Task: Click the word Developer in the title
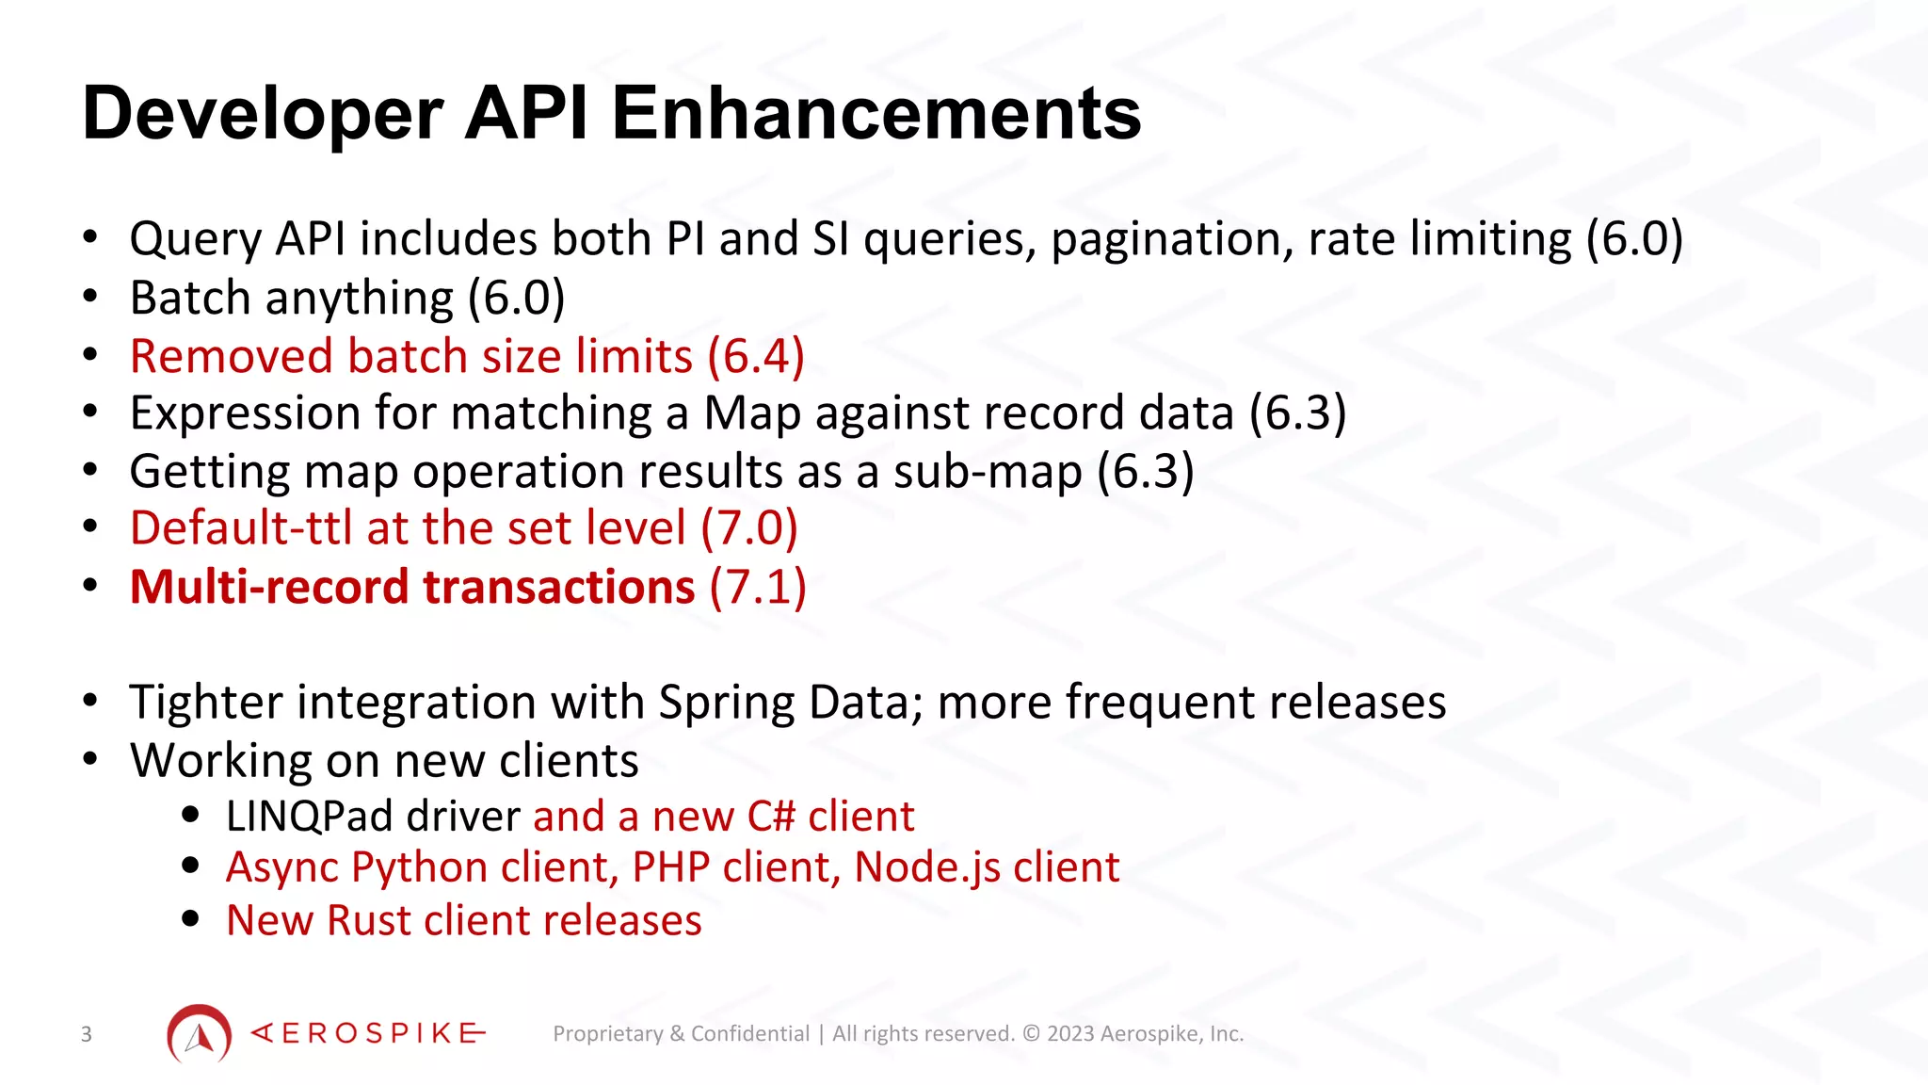tap(263, 114)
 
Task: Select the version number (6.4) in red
tap(756, 357)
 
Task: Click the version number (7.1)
tap(758, 588)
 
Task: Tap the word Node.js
tap(926, 867)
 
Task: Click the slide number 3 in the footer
tap(87, 1034)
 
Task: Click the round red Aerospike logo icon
tap(199, 1034)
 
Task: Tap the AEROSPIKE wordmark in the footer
tap(368, 1034)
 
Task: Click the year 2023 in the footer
tap(1070, 1034)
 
